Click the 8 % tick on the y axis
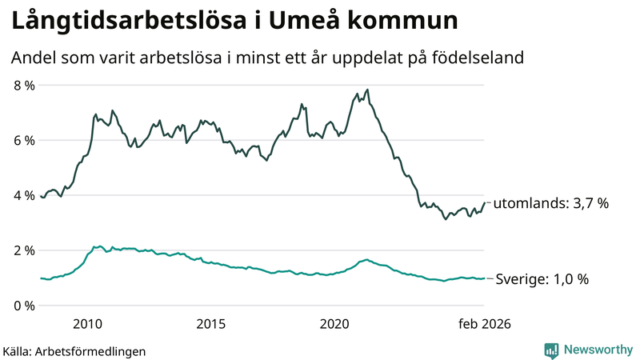(23, 85)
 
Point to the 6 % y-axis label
(23, 140)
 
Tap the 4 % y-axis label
(23, 195)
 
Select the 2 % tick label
(23, 250)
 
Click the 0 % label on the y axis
(23, 306)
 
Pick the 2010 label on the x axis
(87, 324)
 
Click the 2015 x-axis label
(211, 324)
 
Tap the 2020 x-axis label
(335, 324)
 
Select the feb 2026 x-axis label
(483, 324)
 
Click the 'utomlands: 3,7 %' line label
(551, 203)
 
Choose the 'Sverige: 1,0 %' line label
(542, 279)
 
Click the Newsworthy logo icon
(551, 350)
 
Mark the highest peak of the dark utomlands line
(367, 90)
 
